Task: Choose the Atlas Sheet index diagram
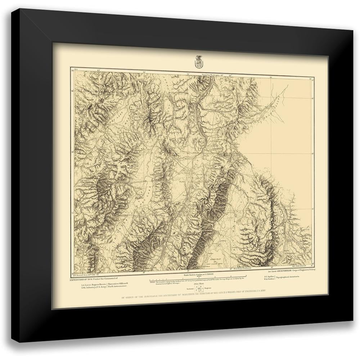196,289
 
